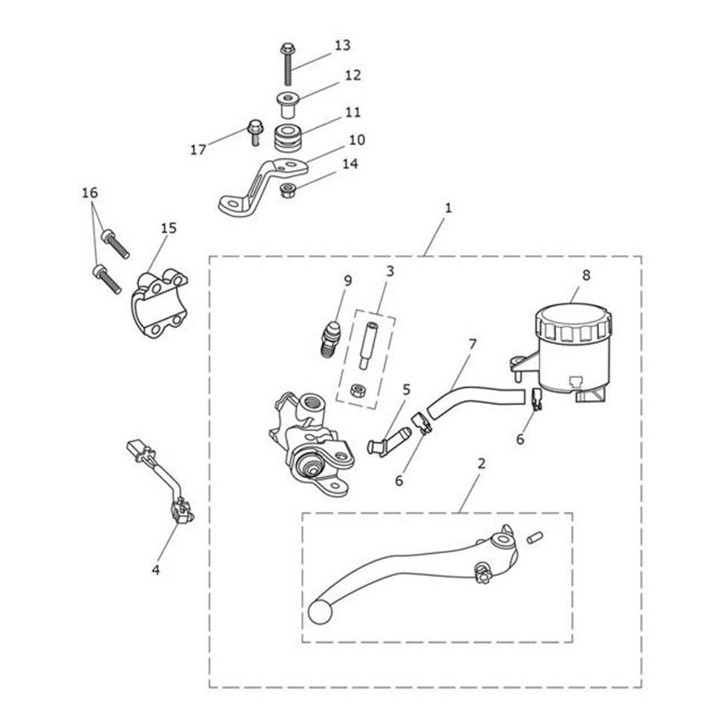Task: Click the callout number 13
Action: tap(342, 45)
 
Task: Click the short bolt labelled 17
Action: tap(254, 131)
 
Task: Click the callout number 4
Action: tap(156, 569)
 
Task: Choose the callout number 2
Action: tap(481, 464)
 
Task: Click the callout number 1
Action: tap(448, 208)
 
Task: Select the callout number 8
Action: tap(586, 274)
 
